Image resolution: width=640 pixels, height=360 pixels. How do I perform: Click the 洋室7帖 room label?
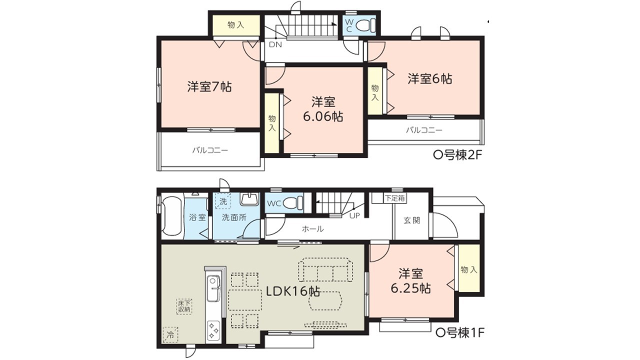pyautogui.click(x=209, y=86)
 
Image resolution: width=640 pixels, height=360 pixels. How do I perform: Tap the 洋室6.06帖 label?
pyautogui.click(x=323, y=109)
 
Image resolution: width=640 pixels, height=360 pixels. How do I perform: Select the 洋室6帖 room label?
pyautogui.click(x=429, y=78)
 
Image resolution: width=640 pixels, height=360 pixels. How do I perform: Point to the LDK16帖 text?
pyautogui.click(x=293, y=291)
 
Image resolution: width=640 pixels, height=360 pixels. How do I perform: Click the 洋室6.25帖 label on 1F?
pyautogui.click(x=410, y=281)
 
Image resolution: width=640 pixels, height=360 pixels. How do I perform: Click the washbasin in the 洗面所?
pyautogui.click(x=249, y=199)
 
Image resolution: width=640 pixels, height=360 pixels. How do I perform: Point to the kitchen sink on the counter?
pyautogui.click(x=213, y=288)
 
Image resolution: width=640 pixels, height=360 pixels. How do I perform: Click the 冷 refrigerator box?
pyautogui.click(x=170, y=334)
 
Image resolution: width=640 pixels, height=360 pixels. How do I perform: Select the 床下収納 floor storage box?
pyautogui.click(x=184, y=306)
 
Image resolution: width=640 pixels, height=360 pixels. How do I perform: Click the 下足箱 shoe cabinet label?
pyautogui.click(x=395, y=198)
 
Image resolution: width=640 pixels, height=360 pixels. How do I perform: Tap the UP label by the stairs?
pyautogui.click(x=354, y=215)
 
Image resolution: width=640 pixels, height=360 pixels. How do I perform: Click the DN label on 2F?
pyautogui.click(x=275, y=44)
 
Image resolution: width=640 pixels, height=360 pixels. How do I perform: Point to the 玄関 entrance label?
pyautogui.click(x=412, y=220)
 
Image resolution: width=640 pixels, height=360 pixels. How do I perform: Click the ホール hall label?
pyautogui.click(x=313, y=228)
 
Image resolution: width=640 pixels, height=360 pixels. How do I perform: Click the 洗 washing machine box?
pyautogui.click(x=223, y=201)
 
